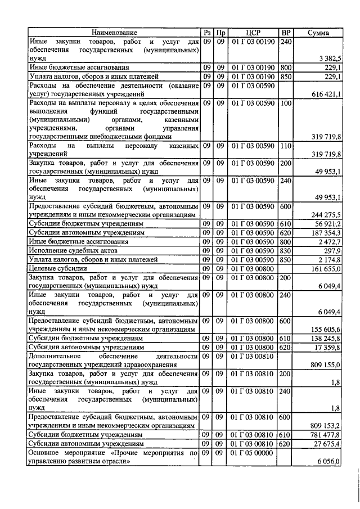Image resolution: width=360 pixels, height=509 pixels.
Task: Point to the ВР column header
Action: point(286,33)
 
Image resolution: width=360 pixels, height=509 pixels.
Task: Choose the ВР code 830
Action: point(286,250)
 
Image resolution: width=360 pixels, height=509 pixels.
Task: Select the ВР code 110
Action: point(286,146)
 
